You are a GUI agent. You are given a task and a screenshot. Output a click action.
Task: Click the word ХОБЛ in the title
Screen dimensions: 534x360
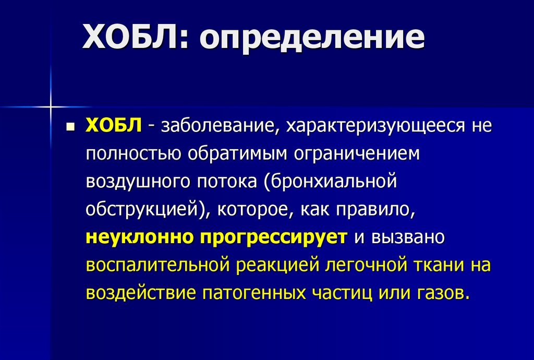[x=130, y=37]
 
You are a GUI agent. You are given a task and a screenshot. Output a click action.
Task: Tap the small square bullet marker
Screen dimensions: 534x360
[x=71, y=127]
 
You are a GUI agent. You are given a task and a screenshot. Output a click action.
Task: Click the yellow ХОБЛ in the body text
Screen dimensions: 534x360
[x=113, y=125]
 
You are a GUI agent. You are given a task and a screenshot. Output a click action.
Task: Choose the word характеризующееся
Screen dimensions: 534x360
[x=375, y=126]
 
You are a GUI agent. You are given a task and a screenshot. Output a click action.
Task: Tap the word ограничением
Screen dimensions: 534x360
[x=357, y=154]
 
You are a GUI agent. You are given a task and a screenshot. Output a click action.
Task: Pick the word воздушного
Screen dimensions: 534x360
[x=138, y=182]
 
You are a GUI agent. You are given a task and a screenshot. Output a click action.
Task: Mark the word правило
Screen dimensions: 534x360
[x=374, y=209]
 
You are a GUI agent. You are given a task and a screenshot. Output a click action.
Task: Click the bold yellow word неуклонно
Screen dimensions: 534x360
[x=139, y=237]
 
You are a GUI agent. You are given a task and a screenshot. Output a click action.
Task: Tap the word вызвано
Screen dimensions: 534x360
[x=408, y=237]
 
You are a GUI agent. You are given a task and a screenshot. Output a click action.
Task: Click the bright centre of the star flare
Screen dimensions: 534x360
[x=51, y=106]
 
